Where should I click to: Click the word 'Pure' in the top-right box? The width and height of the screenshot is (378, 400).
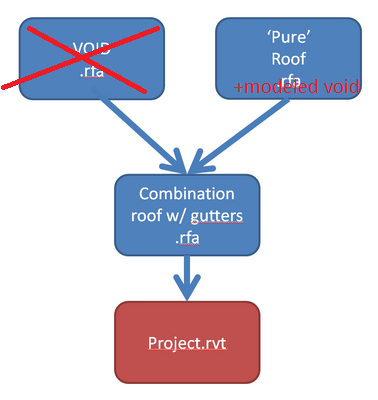[283, 37]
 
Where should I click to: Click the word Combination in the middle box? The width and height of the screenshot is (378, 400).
[187, 194]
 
